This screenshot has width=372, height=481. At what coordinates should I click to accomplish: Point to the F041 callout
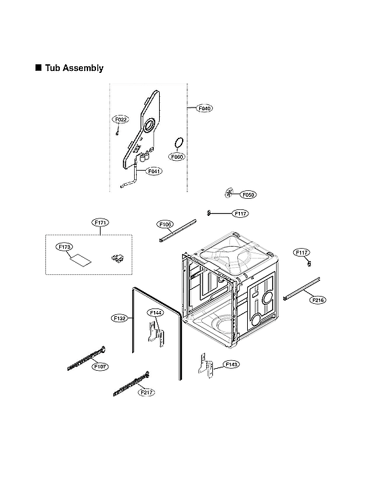pyautogui.click(x=154, y=171)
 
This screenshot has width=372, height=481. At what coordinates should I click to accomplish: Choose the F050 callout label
pyautogui.click(x=248, y=195)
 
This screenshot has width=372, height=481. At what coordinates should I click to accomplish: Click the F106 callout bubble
pyautogui.click(x=166, y=224)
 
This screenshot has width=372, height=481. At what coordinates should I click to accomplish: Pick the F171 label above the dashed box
pyautogui.click(x=101, y=223)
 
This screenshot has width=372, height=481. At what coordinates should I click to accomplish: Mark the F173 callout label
pyautogui.click(x=64, y=247)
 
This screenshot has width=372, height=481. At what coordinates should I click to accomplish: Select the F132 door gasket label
pyautogui.click(x=120, y=318)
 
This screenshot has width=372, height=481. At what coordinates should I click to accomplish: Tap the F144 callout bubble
pyautogui.click(x=156, y=313)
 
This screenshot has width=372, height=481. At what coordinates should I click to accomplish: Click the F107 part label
pyautogui.click(x=100, y=366)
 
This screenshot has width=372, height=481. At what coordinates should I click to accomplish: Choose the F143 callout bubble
pyautogui.click(x=231, y=364)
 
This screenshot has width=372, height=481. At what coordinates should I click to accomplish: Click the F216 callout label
pyautogui.click(x=317, y=300)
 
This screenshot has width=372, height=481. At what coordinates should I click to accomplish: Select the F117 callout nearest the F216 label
pyautogui.click(x=302, y=253)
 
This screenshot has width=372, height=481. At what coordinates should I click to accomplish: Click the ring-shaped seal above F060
pyautogui.click(x=177, y=142)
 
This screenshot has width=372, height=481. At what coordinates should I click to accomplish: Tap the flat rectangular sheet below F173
pyautogui.click(x=80, y=259)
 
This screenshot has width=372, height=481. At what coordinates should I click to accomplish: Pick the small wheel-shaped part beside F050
pyautogui.click(x=229, y=192)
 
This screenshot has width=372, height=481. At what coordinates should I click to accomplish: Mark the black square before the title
pyautogui.click(x=38, y=68)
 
